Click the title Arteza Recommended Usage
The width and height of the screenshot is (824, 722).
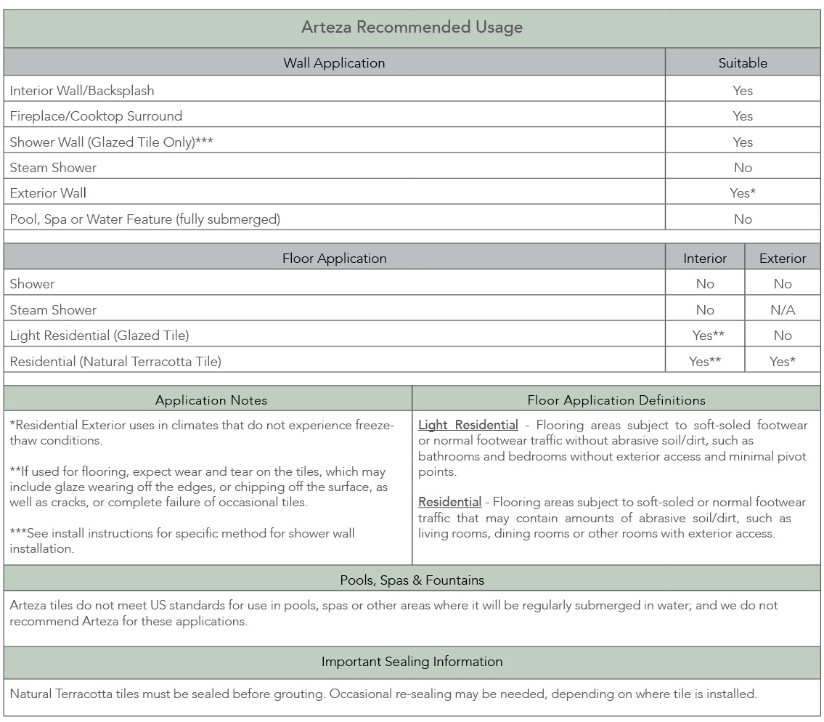pos(412,28)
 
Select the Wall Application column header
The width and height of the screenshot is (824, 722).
pos(334,63)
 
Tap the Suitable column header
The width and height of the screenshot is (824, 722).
pos(743,63)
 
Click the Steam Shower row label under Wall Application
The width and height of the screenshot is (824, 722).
pos(53,168)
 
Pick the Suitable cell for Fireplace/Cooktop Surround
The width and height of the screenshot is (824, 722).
pos(743,116)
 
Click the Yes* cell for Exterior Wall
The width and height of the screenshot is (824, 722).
pos(743,193)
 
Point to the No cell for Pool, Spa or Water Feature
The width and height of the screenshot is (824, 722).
pos(743,219)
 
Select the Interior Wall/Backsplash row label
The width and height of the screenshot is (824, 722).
pos(82,91)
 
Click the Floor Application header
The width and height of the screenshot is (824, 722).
pos(334,259)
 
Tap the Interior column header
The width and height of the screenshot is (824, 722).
pos(705,259)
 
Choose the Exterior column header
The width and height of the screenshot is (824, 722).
pos(783,259)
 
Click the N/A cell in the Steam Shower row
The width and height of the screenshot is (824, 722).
pos(783,310)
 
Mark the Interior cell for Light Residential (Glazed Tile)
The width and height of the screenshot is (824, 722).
pos(705,336)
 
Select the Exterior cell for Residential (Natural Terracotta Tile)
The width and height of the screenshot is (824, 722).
pos(783,361)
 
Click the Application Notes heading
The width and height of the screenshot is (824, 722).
pos(211,400)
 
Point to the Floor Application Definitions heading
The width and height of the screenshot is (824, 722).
pos(616,400)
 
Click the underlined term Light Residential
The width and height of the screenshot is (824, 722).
pos(468,425)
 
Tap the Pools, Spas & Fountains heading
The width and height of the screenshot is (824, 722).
pos(412,580)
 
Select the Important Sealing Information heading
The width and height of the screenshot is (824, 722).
pos(412,662)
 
